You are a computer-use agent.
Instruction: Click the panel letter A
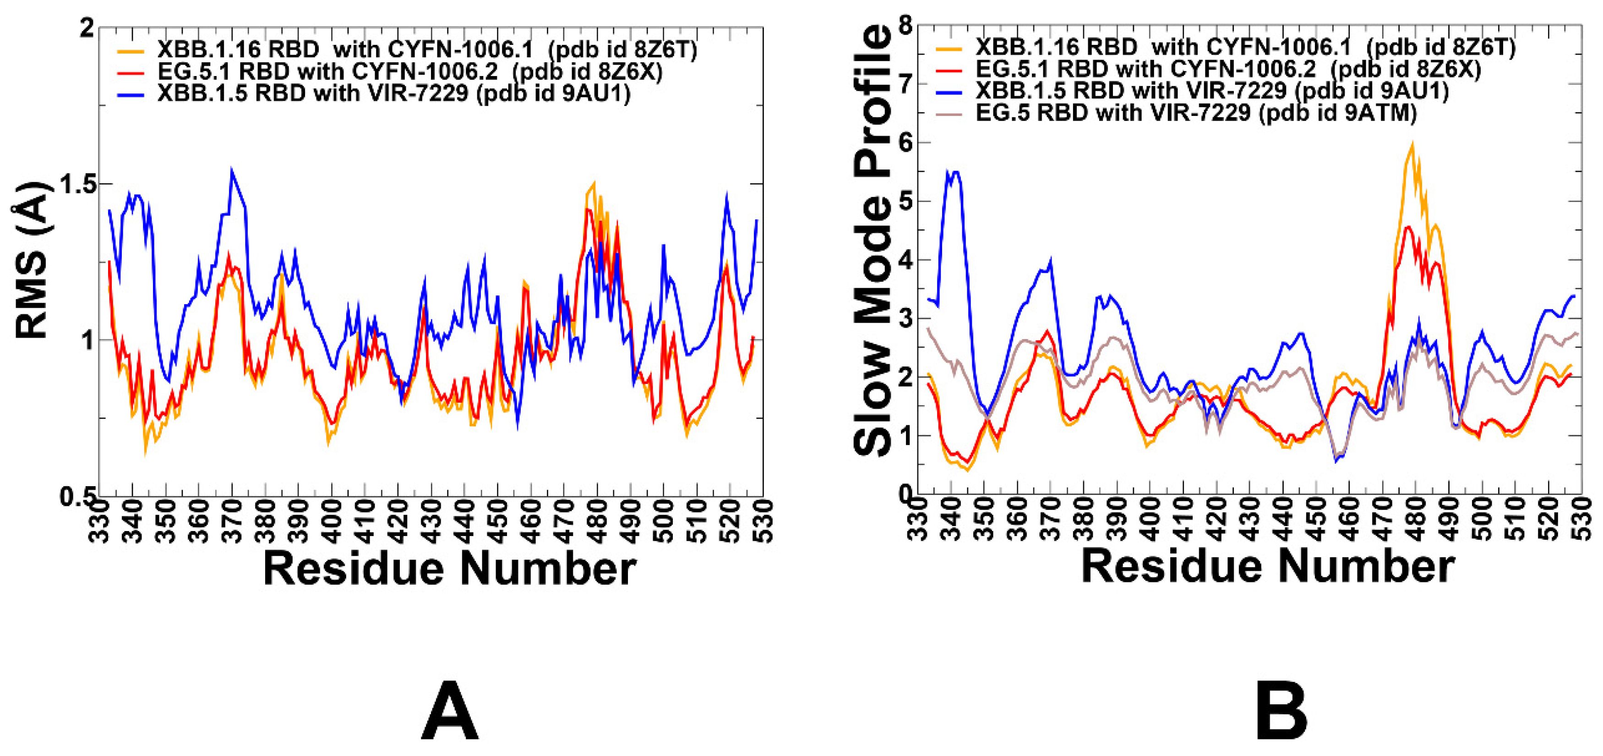(x=449, y=710)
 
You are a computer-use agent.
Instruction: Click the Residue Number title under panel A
(x=449, y=568)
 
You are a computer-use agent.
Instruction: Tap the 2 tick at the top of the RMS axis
(x=87, y=29)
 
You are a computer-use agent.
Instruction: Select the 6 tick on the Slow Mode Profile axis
(x=905, y=142)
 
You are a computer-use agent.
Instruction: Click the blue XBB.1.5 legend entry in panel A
(x=393, y=93)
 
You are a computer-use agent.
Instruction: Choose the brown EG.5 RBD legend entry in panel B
(x=1195, y=113)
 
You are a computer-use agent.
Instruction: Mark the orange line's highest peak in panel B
(x=1412, y=144)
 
